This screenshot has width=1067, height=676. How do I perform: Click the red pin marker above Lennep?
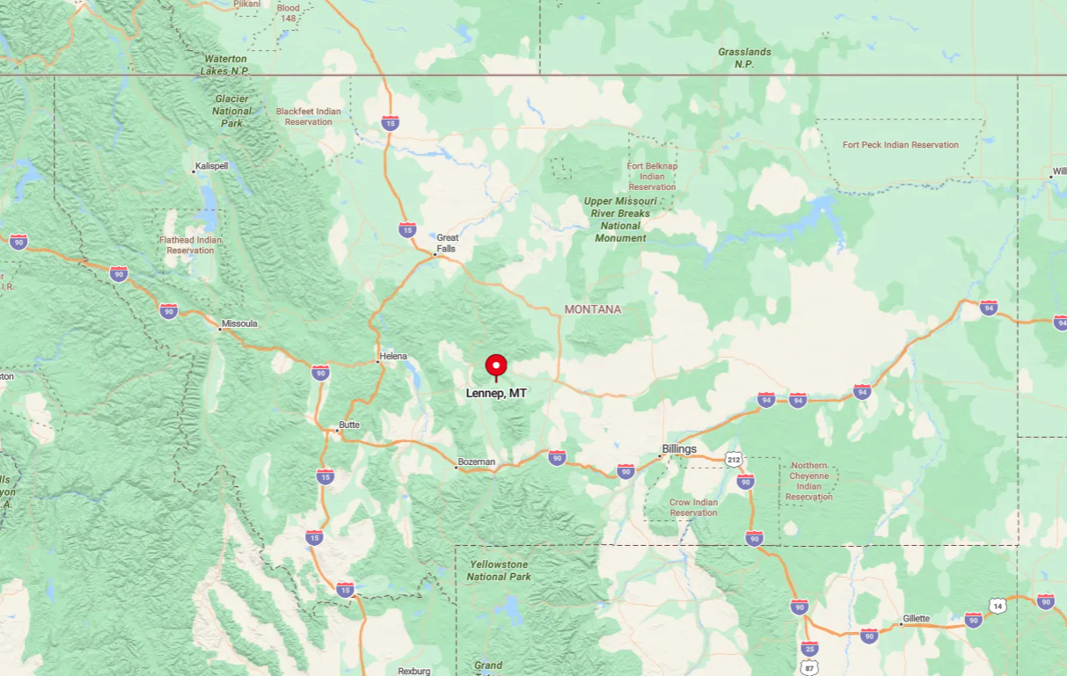point(496,366)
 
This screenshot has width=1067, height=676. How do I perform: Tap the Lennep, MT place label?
point(496,393)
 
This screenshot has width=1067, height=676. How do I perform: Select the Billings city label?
point(679,449)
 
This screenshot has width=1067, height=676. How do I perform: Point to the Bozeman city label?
point(477,462)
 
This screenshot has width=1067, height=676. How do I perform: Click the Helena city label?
point(392,356)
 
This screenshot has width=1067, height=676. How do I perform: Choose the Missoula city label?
point(239,323)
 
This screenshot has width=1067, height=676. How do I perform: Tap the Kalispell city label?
point(211,166)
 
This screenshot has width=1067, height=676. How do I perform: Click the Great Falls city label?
point(447,243)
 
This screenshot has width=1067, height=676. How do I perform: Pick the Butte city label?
point(349,425)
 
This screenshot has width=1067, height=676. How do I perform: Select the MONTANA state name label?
point(593,309)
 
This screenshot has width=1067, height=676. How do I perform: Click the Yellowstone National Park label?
point(499,571)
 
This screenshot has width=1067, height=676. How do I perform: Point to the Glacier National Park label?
point(231,111)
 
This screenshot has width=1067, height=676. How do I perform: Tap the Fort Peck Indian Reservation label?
point(900,145)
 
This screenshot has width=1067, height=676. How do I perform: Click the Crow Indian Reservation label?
point(693,507)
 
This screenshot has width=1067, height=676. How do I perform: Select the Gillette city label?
point(916,619)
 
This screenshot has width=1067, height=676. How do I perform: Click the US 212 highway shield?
point(734,460)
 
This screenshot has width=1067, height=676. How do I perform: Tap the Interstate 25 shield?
point(809,649)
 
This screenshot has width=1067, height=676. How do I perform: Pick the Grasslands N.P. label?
point(744,58)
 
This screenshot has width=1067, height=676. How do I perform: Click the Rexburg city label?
point(413,671)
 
